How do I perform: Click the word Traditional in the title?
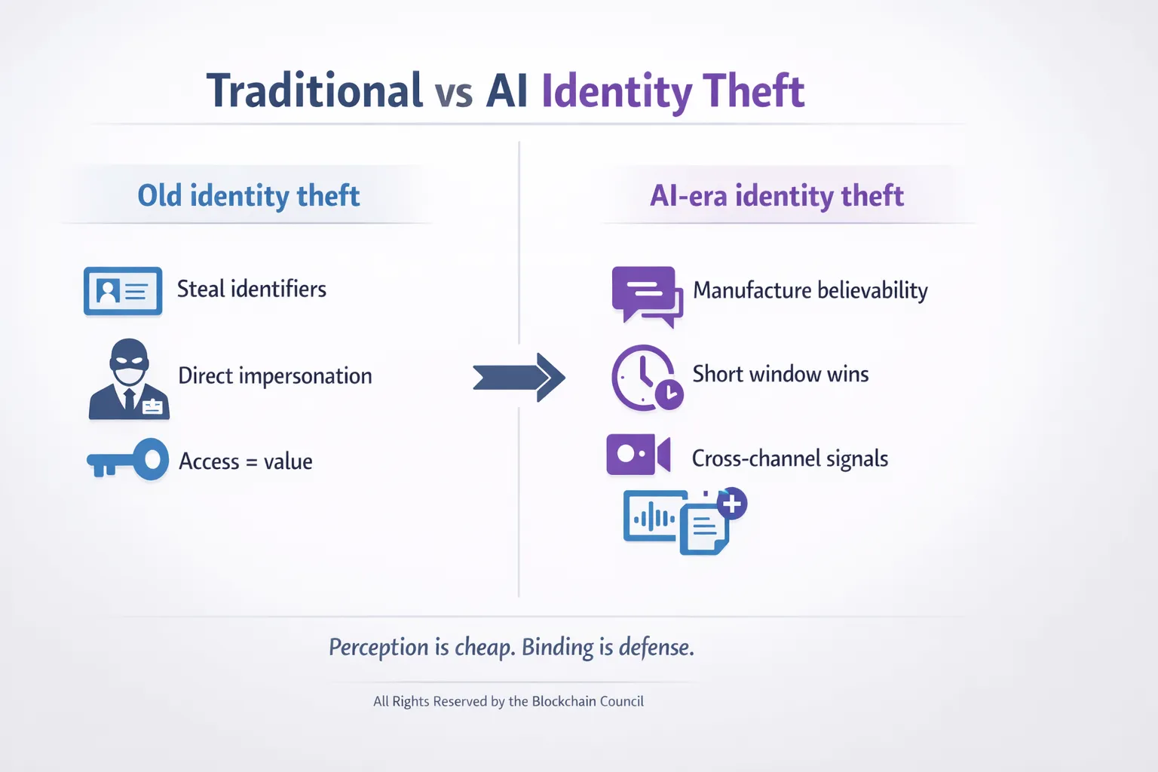tap(314, 91)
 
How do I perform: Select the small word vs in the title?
tap(454, 93)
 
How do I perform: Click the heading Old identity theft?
tap(249, 196)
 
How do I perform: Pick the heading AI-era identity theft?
tap(777, 196)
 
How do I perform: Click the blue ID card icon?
tap(123, 290)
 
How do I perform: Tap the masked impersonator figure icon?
tap(129, 379)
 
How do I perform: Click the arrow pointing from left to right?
tap(519, 377)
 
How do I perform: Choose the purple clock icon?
tap(645, 377)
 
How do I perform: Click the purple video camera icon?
tap(638, 455)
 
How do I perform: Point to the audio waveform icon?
tap(652, 517)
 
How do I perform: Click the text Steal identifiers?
tap(252, 289)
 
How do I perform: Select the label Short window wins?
tap(780, 374)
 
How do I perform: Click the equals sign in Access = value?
tap(252, 462)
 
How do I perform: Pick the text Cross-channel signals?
tap(789, 458)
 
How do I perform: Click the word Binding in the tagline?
tap(558, 647)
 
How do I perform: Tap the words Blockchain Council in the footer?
tap(587, 701)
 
